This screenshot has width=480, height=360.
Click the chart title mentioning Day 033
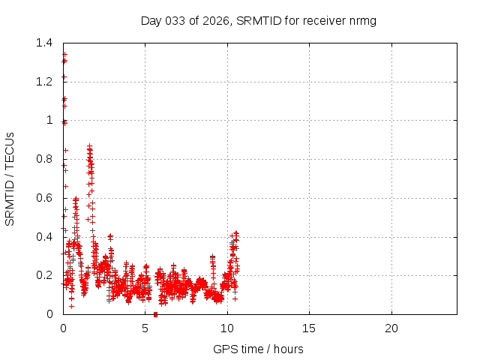pos(258,20)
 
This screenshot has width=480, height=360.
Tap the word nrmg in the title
pos(360,20)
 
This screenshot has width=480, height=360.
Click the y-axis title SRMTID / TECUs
pos(10,178)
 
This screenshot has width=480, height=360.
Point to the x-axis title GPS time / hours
pos(258,349)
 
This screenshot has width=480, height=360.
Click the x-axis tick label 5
pos(145,328)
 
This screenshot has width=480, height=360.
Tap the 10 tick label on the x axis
pos(227,328)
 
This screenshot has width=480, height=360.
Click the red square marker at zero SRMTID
pos(155,314)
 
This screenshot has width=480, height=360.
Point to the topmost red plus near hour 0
pos(64,54)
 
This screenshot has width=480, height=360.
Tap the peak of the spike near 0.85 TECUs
pos(89,146)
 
